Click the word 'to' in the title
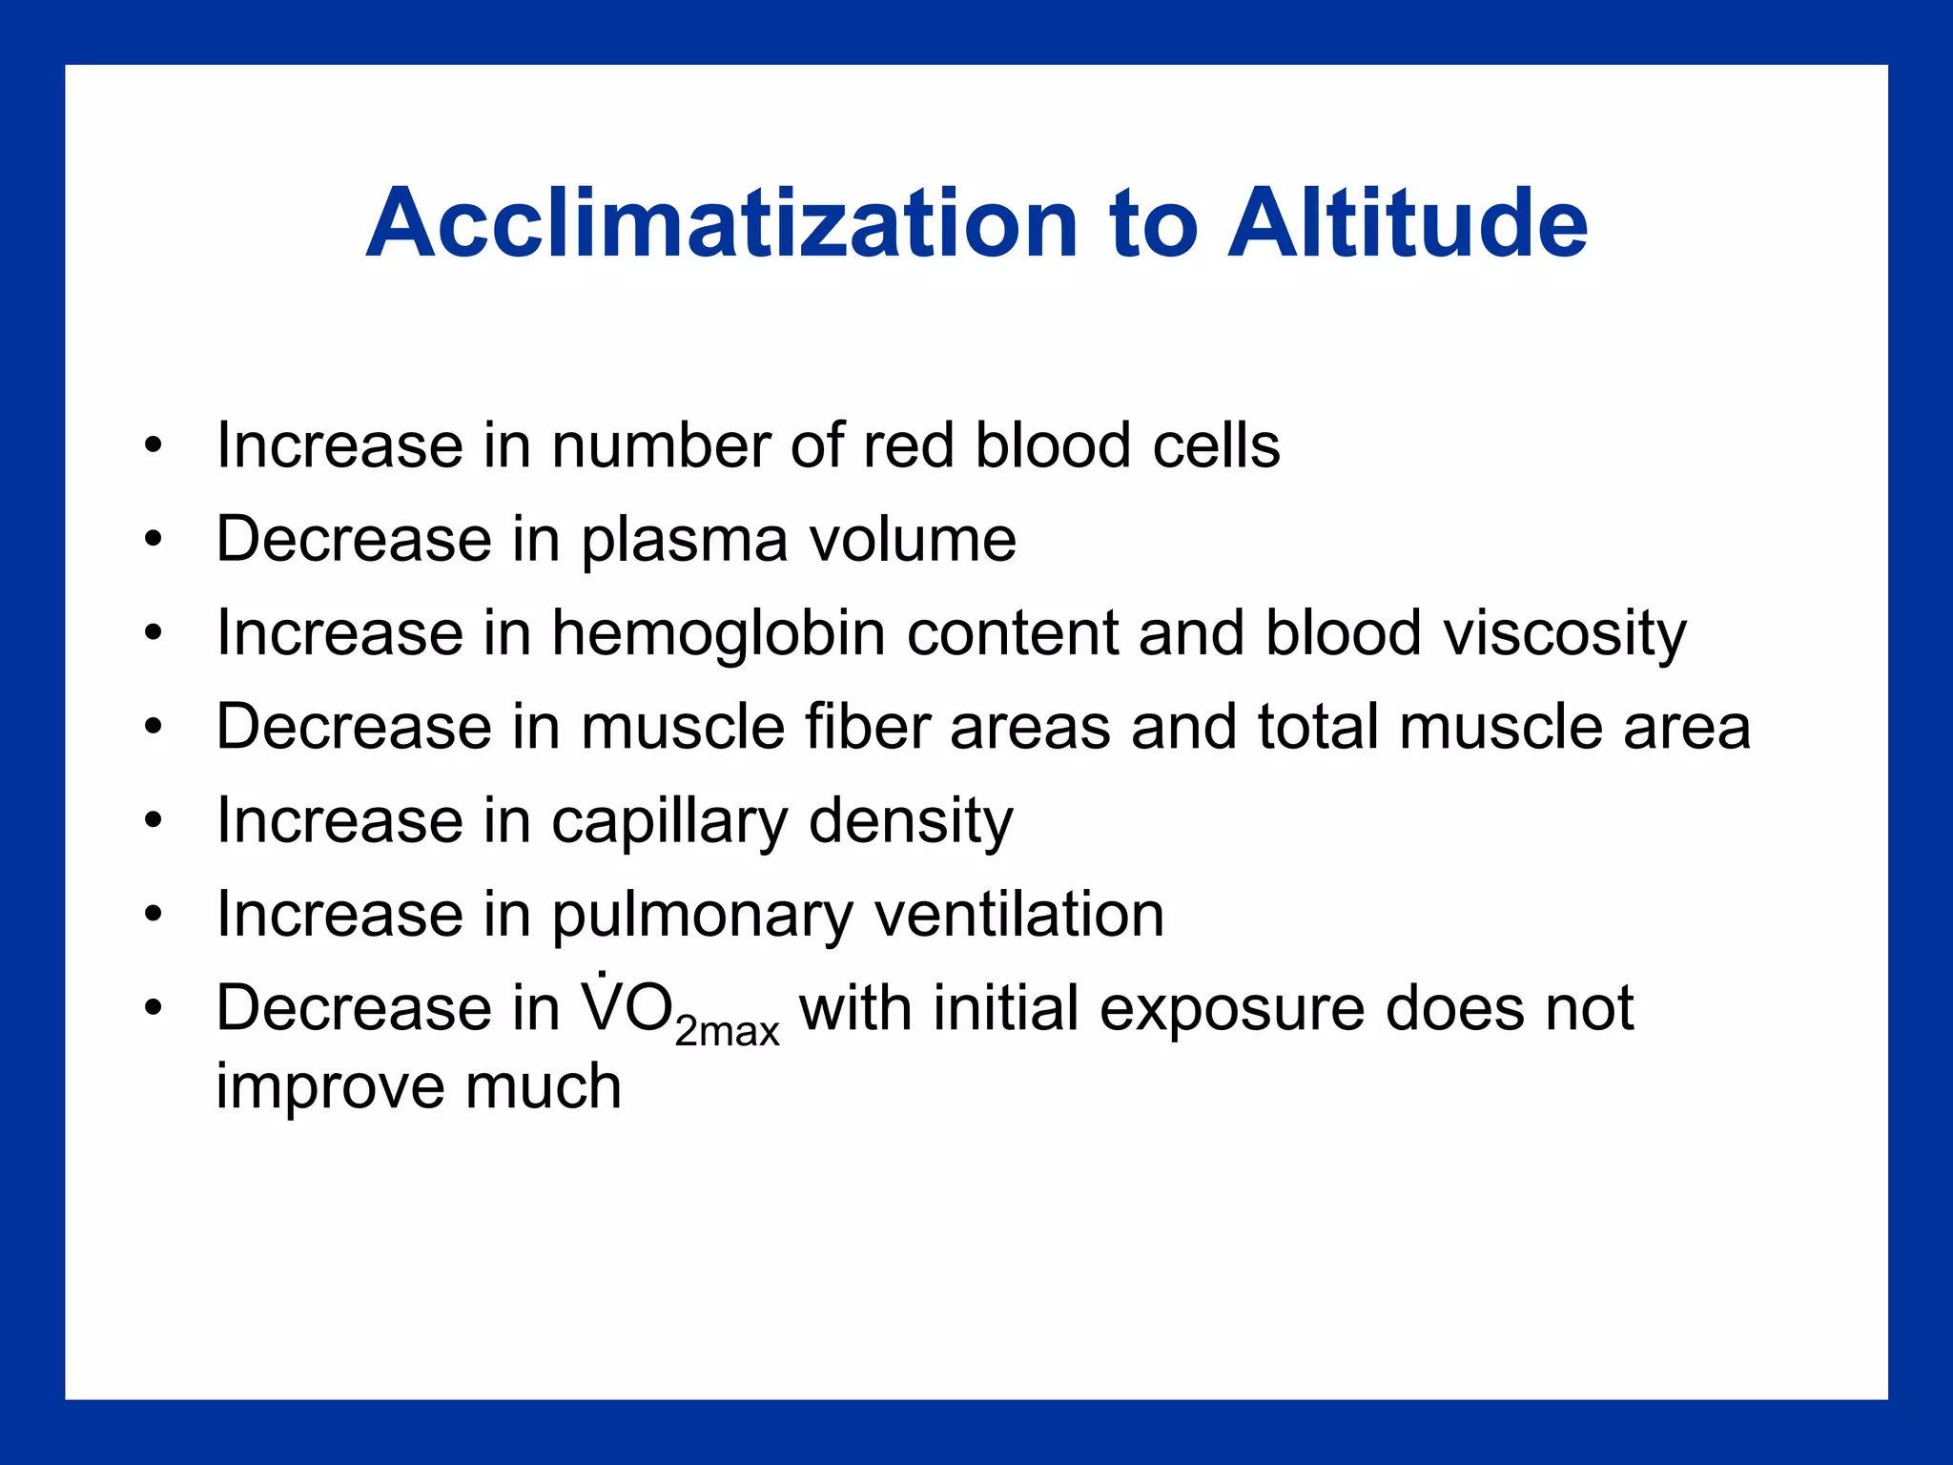tap(1153, 225)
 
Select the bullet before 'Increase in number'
tap(154, 445)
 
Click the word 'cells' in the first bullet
tap(1215, 445)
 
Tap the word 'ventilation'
tap(1019, 915)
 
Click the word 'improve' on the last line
tap(329, 1088)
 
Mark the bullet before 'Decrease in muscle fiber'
tap(154, 728)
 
